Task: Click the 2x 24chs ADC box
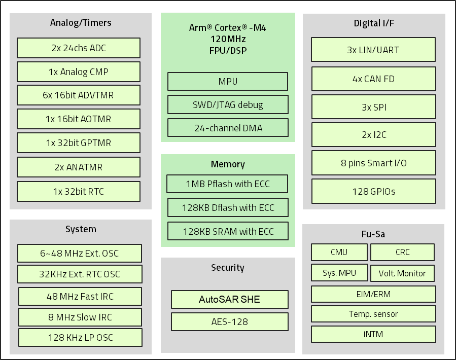tap(79, 48)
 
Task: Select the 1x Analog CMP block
tap(79, 72)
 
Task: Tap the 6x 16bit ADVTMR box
tap(79, 95)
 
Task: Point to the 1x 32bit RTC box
tap(79, 192)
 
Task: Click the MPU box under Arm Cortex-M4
tap(228, 82)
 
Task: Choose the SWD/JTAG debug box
tap(228, 105)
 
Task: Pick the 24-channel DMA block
tap(228, 128)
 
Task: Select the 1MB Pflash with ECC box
tap(228, 184)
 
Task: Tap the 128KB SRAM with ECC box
tap(228, 232)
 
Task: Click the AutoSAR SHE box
tap(229, 300)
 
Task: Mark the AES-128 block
tap(229, 322)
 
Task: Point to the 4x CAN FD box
tap(373, 79)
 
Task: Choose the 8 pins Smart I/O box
tap(373, 163)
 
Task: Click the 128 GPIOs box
tap(373, 192)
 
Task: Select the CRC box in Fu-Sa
tap(402, 253)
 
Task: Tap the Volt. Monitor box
tap(402, 273)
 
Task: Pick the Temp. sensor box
tap(373, 314)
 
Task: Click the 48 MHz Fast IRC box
tap(80, 297)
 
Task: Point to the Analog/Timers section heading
tap(81, 23)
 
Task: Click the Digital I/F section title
tap(374, 23)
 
